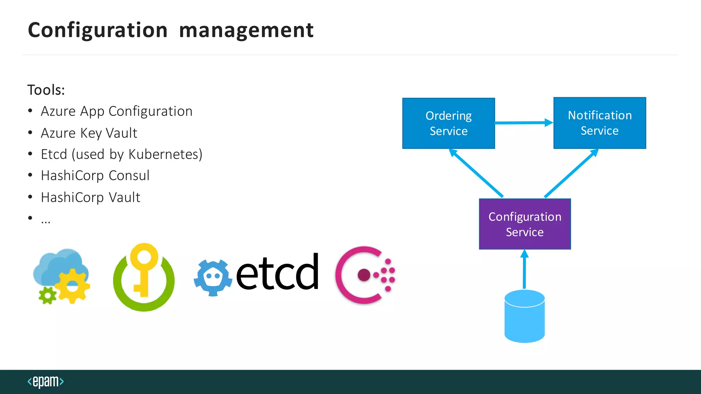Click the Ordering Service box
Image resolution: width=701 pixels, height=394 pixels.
coord(448,123)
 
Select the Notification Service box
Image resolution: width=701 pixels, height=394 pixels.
coord(600,123)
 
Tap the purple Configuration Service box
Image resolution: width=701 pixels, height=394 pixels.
coord(525,224)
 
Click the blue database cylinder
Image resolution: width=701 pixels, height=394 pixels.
coord(524,316)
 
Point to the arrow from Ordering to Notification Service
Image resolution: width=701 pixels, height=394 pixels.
coord(524,122)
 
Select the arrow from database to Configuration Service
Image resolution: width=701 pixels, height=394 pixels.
coord(524,270)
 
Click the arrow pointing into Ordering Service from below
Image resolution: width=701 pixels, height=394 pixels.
coord(476,173)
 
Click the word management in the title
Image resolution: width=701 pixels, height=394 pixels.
coord(246,30)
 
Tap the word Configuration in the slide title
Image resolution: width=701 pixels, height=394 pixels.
coord(98,30)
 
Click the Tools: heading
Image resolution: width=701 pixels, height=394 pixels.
coord(46,90)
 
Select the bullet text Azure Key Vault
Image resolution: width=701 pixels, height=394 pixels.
coord(89,133)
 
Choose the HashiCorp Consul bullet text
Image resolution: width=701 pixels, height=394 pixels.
coord(95,176)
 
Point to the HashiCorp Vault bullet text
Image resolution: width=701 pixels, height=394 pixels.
coord(90,197)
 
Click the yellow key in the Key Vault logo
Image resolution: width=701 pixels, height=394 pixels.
coord(144,267)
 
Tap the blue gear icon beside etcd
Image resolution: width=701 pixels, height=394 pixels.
coord(213,278)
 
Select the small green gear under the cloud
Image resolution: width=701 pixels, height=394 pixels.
coord(47,295)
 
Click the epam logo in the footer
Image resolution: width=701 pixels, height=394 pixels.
coord(46,381)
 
